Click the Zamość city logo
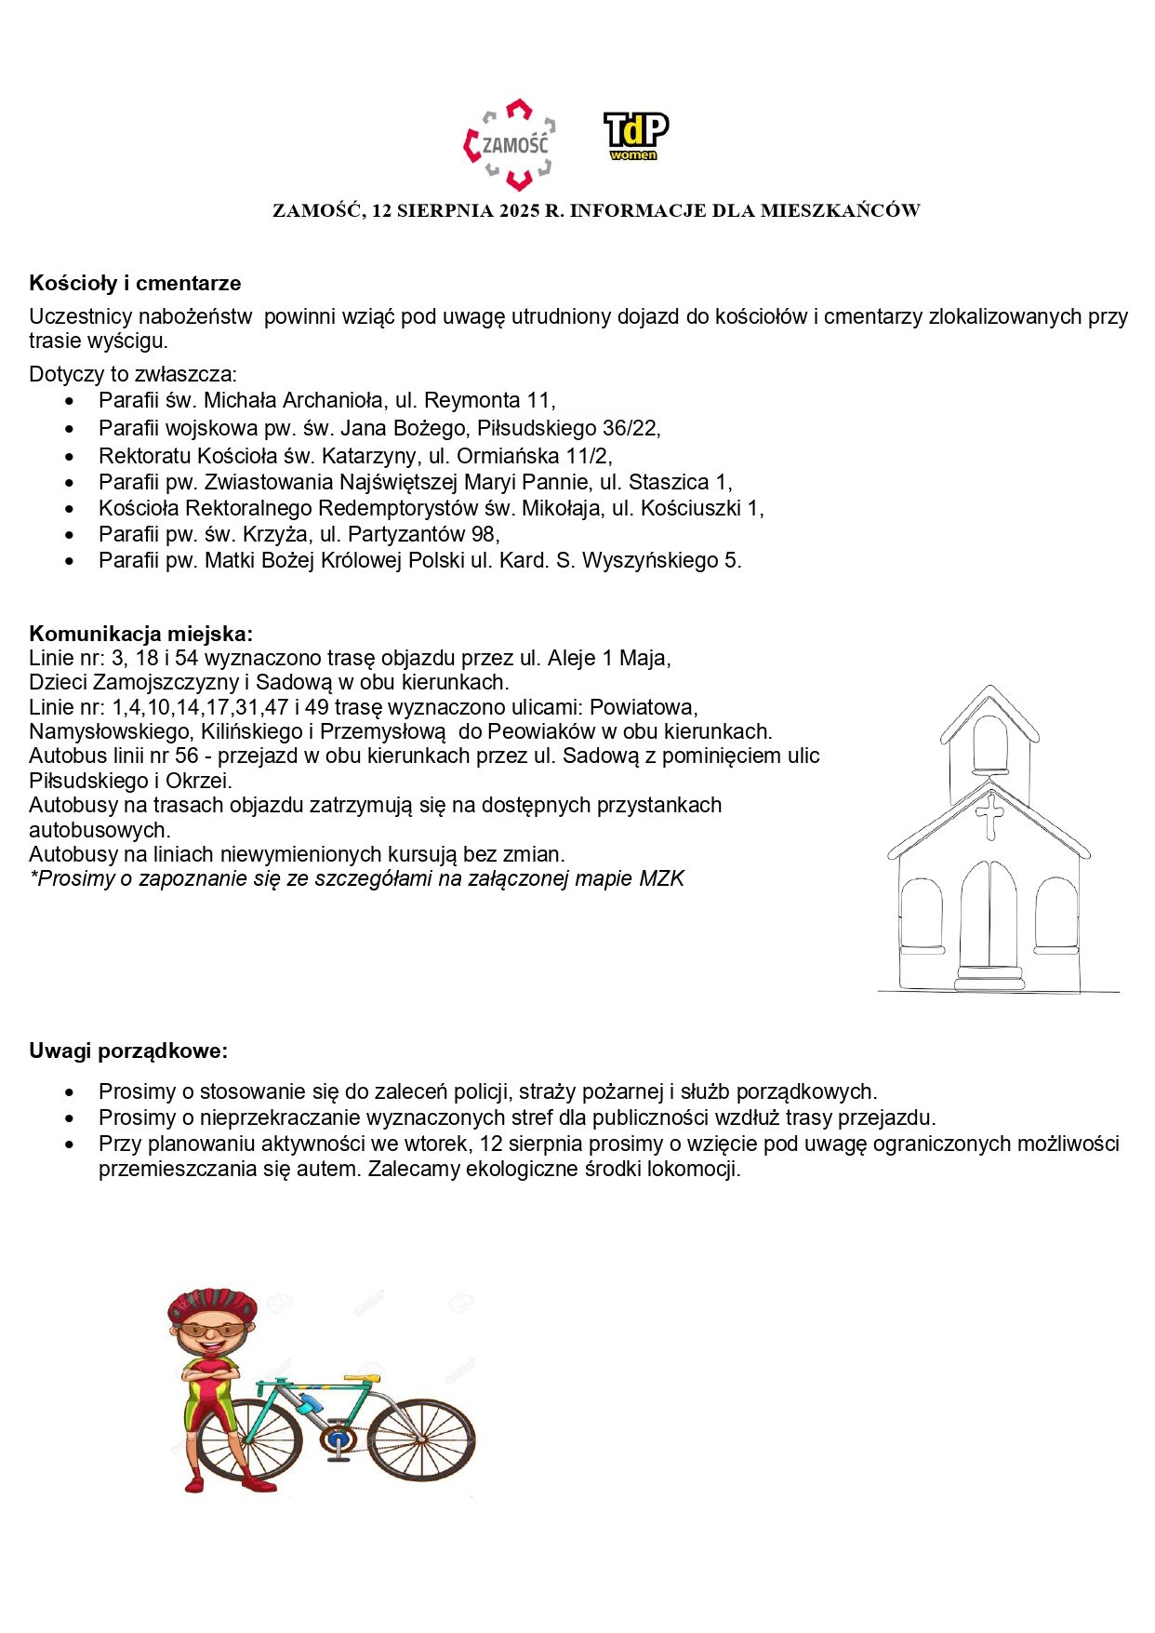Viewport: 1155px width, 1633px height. (510, 145)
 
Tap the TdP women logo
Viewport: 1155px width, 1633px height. (636, 136)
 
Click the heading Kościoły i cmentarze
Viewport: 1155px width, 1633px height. (135, 283)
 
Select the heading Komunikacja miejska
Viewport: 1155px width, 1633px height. (140, 634)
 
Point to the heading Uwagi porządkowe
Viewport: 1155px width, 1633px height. (128, 1051)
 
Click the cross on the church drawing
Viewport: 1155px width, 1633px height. (989, 815)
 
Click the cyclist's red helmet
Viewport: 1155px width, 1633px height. (213, 1305)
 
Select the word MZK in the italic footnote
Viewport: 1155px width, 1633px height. (661, 878)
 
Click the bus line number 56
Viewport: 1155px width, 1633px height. (186, 756)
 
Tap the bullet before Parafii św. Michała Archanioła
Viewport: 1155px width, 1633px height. (70, 401)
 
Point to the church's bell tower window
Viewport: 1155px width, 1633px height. (989, 745)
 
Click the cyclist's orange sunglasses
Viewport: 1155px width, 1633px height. (213, 1330)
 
